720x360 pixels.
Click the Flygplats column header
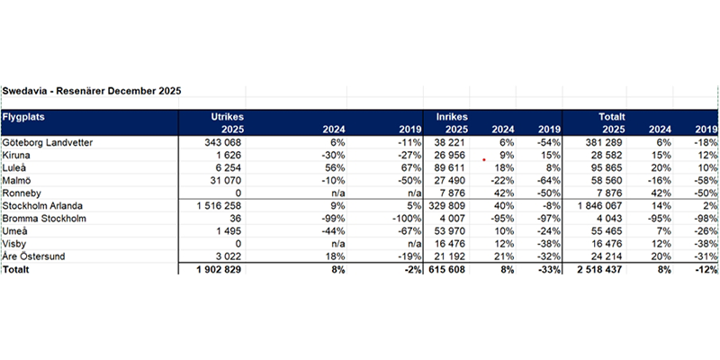click(24, 117)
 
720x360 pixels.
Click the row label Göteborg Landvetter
click(47, 142)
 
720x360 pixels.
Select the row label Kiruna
click(16, 155)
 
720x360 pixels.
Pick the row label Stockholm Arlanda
click(43, 205)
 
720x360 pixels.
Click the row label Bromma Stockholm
click(44, 218)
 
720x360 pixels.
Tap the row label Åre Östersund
click(35, 256)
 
